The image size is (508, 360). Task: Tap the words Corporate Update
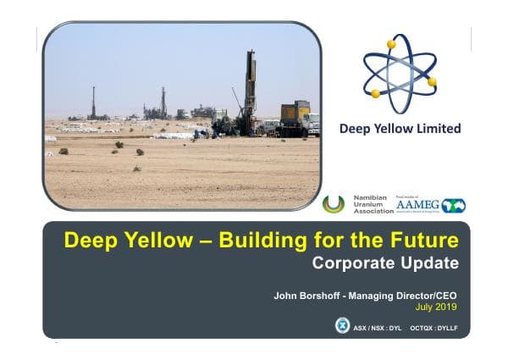(385, 263)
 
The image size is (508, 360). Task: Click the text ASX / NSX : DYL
(376, 326)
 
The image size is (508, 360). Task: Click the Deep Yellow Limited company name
(400, 129)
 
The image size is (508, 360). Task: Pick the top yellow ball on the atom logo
(391, 44)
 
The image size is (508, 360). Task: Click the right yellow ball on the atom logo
(432, 81)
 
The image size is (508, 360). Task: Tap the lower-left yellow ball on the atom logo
(375, 93)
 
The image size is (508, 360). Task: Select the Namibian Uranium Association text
(369, 204)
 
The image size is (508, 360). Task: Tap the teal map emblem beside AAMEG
(454, 206)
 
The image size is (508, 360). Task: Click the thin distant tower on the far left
(93, 102)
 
